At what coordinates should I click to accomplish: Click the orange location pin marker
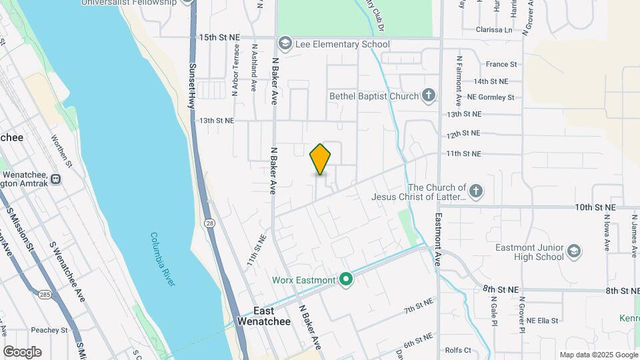(320, 159)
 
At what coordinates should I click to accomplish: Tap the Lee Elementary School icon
(285, 45)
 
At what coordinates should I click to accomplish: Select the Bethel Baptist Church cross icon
(429, 96)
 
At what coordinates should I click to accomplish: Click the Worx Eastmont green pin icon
(345, 280)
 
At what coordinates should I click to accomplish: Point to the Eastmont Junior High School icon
(574, 252)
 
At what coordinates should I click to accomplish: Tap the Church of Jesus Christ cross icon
(475, 192)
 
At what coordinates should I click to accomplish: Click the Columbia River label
(163, 259)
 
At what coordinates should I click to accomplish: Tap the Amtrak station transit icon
(55, 179)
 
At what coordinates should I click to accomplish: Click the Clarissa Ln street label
(494, 30)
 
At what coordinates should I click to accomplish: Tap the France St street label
(501, 64)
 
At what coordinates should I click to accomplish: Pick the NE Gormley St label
(491, 97)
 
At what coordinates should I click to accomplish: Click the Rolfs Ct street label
(458, 350)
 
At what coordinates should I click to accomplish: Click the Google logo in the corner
(22, 351)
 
